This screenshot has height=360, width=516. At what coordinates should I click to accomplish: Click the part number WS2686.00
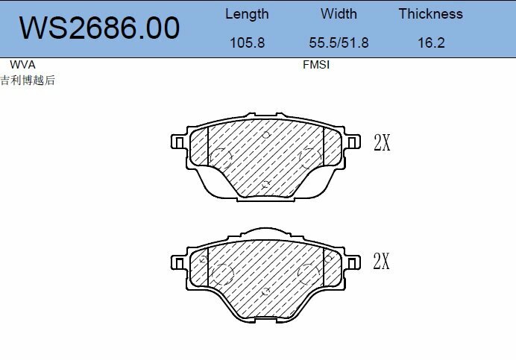(x=98, y=28)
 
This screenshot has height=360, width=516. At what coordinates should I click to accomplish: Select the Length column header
(x=246, y=14)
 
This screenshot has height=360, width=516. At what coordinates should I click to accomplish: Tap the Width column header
(x=339, y=14)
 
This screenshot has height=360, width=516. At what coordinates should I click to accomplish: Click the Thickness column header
(x=430, y=14)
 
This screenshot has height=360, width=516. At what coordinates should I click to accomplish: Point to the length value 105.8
(x=246, y=42)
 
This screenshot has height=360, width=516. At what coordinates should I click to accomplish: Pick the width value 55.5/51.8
(x=339, y=42)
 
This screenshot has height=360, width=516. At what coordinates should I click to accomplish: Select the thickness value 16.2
(x=430, y=42)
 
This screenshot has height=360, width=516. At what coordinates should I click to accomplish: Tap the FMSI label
(x=316, y=65)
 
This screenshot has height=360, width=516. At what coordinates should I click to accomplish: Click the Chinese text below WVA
(x=28, y=80)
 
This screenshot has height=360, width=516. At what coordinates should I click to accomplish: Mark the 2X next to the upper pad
(x=381, y=143)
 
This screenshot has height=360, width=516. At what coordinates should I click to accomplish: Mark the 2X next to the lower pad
(x=381, y=261)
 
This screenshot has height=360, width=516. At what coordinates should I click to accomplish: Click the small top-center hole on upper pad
(x=266, y=134)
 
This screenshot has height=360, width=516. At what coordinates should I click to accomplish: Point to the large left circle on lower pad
(x=223, y=275)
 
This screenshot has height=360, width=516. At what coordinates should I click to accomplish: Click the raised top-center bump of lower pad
(x=267, y=231)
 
